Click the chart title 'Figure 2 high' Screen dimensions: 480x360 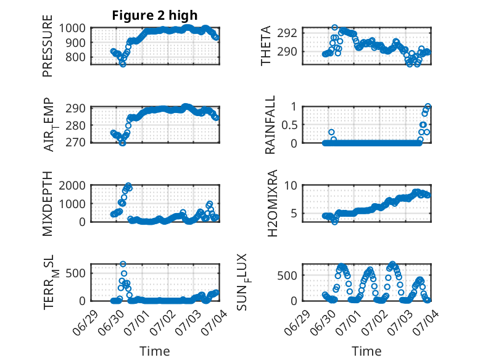155,15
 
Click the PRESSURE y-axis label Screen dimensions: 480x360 48,46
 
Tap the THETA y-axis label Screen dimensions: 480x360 266,46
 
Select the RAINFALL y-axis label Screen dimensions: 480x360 270,125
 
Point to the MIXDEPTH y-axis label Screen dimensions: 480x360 48,204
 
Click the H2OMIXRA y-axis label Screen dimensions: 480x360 272,203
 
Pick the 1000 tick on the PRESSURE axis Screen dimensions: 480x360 72,28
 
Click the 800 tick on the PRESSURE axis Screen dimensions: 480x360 75,57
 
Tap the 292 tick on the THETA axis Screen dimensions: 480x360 287,33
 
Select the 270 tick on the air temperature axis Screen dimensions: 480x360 75,143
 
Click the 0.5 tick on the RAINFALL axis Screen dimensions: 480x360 289,125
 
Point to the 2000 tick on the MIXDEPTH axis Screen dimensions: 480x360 72,185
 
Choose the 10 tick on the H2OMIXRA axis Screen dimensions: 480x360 291,185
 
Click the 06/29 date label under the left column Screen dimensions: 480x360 85,322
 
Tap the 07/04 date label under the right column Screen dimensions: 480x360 427,322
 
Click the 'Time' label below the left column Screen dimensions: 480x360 155,351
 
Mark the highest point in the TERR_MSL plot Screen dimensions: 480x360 123,264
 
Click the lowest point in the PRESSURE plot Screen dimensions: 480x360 123,64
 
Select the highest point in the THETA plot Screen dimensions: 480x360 334,27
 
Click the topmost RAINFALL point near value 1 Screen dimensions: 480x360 428,106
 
